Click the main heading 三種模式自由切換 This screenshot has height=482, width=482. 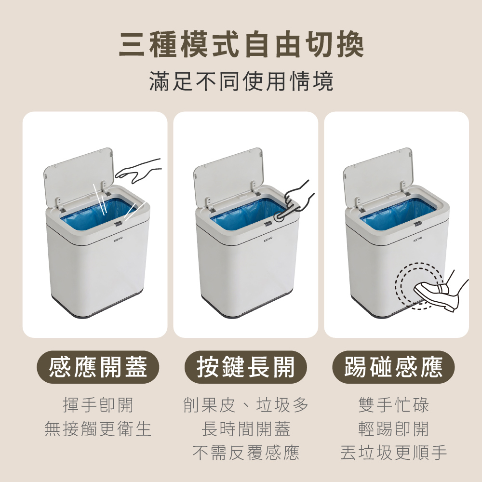point(241,45)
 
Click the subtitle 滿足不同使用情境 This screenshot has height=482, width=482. point(241,81)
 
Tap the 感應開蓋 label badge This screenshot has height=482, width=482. point(98,367)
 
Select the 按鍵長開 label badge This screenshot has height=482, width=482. point(246,367)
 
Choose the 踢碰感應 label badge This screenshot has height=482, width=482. point(393,367)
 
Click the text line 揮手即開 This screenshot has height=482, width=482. point(98,405)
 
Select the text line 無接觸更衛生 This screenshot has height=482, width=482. point(98,428)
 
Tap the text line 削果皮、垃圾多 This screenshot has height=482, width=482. point(246,405)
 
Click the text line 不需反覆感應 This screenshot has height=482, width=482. point(246,453)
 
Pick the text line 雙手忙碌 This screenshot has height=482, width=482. point(393,405)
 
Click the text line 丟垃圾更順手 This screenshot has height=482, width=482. point(393,453)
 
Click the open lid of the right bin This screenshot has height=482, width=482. point(378,177)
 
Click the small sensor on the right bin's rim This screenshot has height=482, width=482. point(417,224)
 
